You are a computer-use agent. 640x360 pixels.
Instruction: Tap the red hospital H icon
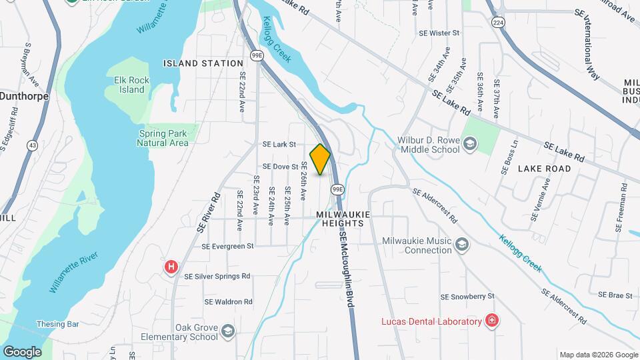click(x=171, y=267)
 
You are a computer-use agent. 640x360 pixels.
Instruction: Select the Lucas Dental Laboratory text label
click(x=431, y=321)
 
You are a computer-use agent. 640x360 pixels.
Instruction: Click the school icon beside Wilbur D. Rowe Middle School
click(x=470, y=143)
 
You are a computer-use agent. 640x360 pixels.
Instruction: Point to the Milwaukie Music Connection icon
click(x=461, y=245)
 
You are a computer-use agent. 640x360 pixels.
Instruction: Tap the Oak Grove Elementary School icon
click(x=228, y=331)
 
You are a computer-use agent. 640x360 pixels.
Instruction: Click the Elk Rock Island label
click(x=126, y=85)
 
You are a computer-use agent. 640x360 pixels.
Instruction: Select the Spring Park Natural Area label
click(x=163, y=138)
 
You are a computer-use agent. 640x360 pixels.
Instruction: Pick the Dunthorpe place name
click(x=25, y=95)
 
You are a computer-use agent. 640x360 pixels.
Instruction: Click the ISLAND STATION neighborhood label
click(x=203, y=63)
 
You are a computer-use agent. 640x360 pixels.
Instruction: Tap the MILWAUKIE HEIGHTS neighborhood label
click(x=340, y=219)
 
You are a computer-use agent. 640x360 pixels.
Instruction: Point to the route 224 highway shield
click(x=497, y=23)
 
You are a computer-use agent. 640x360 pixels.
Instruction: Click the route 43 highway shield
click(x=32, y=145)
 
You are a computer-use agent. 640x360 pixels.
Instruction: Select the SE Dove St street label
click(x=280, y=166)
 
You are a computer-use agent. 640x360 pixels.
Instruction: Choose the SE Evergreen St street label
click(x=229, y=245)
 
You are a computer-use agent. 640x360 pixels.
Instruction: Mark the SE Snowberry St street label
click(x=467, y=296)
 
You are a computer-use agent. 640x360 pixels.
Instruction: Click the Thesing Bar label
click(x=58, y=324)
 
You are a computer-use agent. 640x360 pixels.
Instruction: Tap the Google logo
click(x=22, y=351)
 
